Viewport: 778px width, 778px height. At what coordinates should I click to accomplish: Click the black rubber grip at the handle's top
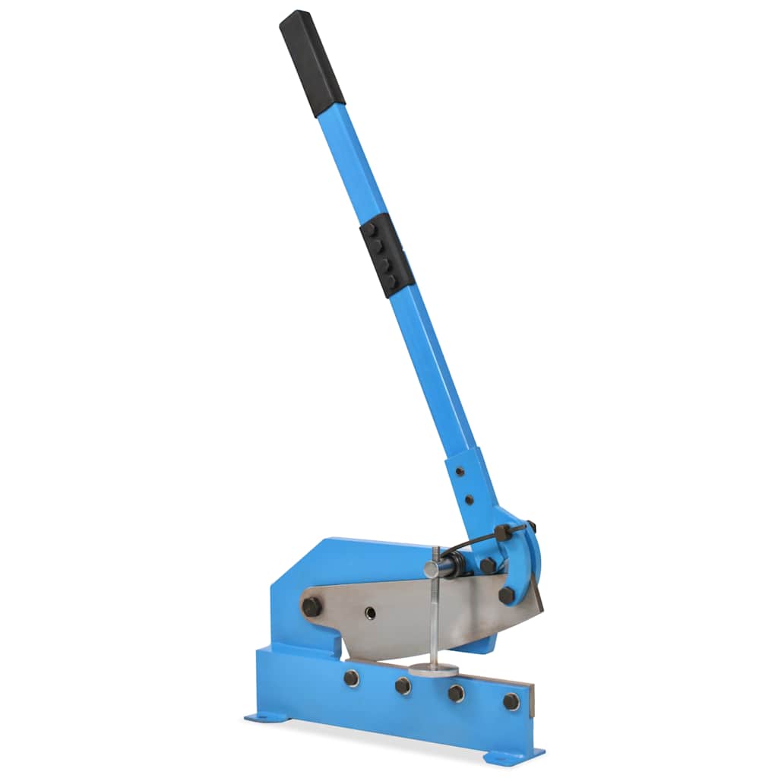(312, 64)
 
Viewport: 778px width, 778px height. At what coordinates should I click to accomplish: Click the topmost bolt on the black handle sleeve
(370, 229)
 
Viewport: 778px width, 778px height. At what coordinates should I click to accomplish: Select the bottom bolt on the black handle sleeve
(391, 281)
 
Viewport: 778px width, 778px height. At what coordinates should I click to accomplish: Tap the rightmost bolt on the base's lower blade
(511, 701)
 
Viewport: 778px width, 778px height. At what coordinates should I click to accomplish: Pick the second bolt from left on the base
(403, 685)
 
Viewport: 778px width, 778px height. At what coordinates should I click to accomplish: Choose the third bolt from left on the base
(456, 693)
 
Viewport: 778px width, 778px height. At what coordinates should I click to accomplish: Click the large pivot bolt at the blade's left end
(311, 606)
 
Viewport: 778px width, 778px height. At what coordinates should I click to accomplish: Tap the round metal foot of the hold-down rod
(434, 669)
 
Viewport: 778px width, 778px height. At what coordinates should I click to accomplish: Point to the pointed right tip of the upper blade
(542, 608)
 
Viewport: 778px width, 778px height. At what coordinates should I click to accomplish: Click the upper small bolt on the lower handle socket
(460, 472)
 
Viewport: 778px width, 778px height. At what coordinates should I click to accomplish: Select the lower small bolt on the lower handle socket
(469, 501)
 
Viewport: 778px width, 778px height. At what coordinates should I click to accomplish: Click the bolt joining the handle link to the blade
(506, 595)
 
